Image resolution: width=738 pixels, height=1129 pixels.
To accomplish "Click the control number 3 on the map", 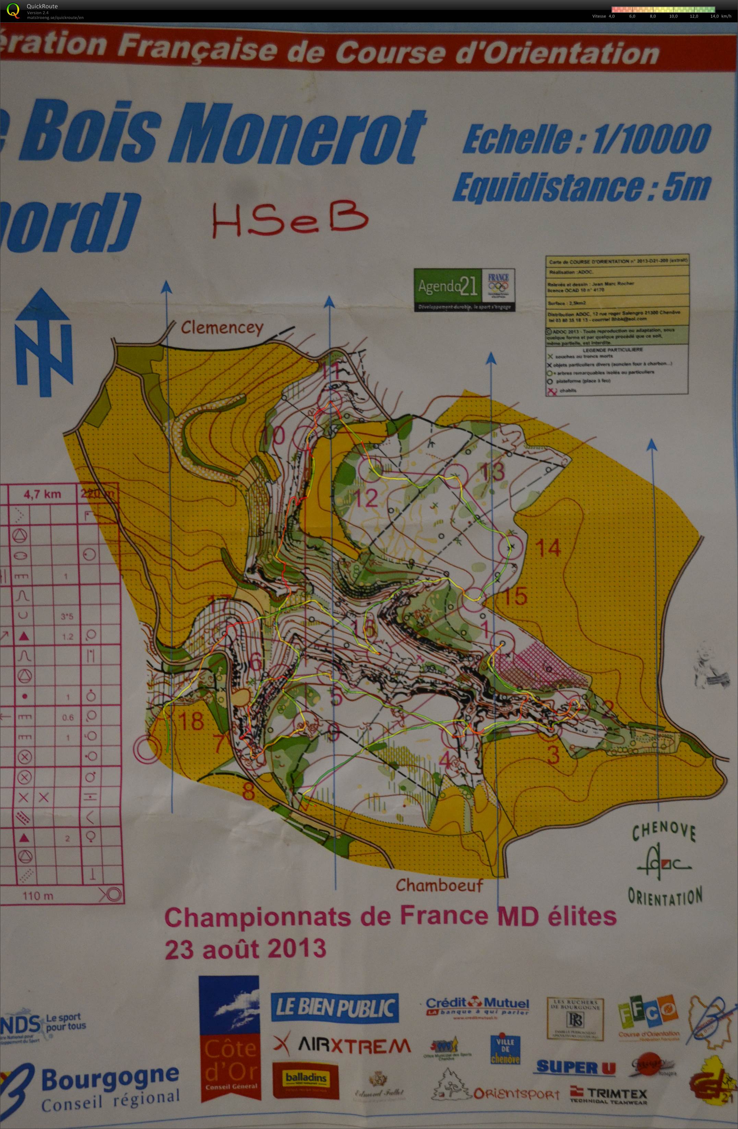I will click(x=553, y=755).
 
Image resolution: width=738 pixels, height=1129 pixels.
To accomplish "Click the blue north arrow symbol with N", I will click(x=43, y=342).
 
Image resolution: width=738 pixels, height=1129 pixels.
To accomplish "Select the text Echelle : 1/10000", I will click(x=587, y=138).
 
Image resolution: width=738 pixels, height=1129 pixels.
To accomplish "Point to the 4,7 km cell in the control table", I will click(x=43, y=494).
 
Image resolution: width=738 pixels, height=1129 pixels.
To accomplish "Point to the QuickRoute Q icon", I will click(x=13, y=10).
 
